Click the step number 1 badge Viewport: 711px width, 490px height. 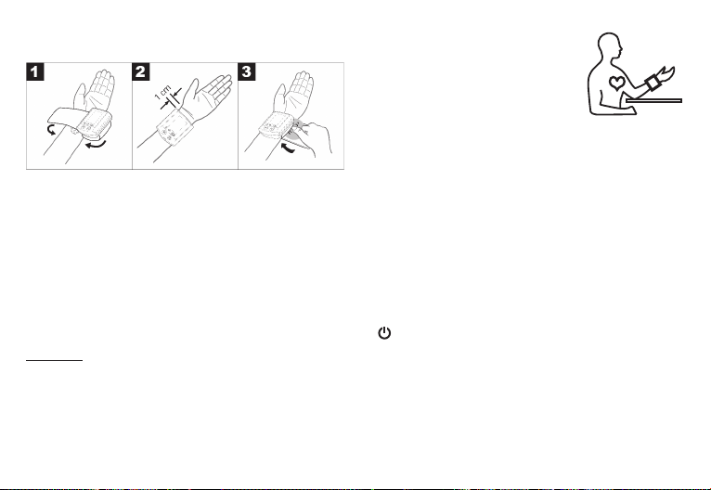click(x=35, y=71)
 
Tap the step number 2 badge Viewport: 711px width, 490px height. click(x=141, y=71)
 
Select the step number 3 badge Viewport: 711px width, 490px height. click(x=247, y=71)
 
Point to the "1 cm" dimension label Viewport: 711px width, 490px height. click(x=162, y=92)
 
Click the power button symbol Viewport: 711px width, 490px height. click(x=384, y=333)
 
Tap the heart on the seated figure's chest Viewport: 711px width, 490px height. click(x=616, y=83)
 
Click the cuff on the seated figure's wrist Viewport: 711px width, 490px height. click(x=653, y=83)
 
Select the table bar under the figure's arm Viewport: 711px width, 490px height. click(x=653, y=100)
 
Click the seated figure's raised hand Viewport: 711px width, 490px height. click(x=666, y=73)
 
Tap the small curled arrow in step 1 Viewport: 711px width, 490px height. click(x=52, y=131)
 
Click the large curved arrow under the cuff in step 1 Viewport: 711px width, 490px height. click(x=97, y=145)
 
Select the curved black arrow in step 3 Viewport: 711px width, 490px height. click(x=289, y=148)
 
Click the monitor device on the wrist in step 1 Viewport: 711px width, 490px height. click(x=95, y=122)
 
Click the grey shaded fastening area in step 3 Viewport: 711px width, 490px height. click(x=296, y=129)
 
